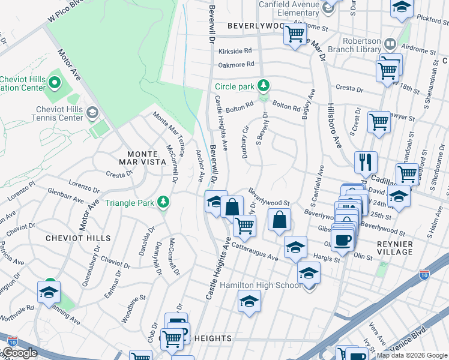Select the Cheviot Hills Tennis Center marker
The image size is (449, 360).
92,112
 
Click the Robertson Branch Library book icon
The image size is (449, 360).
390,44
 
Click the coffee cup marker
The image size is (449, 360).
343,240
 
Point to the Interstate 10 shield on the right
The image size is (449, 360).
425,275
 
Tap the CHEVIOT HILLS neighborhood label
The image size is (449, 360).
79,238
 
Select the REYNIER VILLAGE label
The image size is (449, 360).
394,248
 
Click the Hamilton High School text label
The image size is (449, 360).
261,285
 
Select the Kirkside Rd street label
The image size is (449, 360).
235,51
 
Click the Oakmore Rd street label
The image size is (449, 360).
237,64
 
